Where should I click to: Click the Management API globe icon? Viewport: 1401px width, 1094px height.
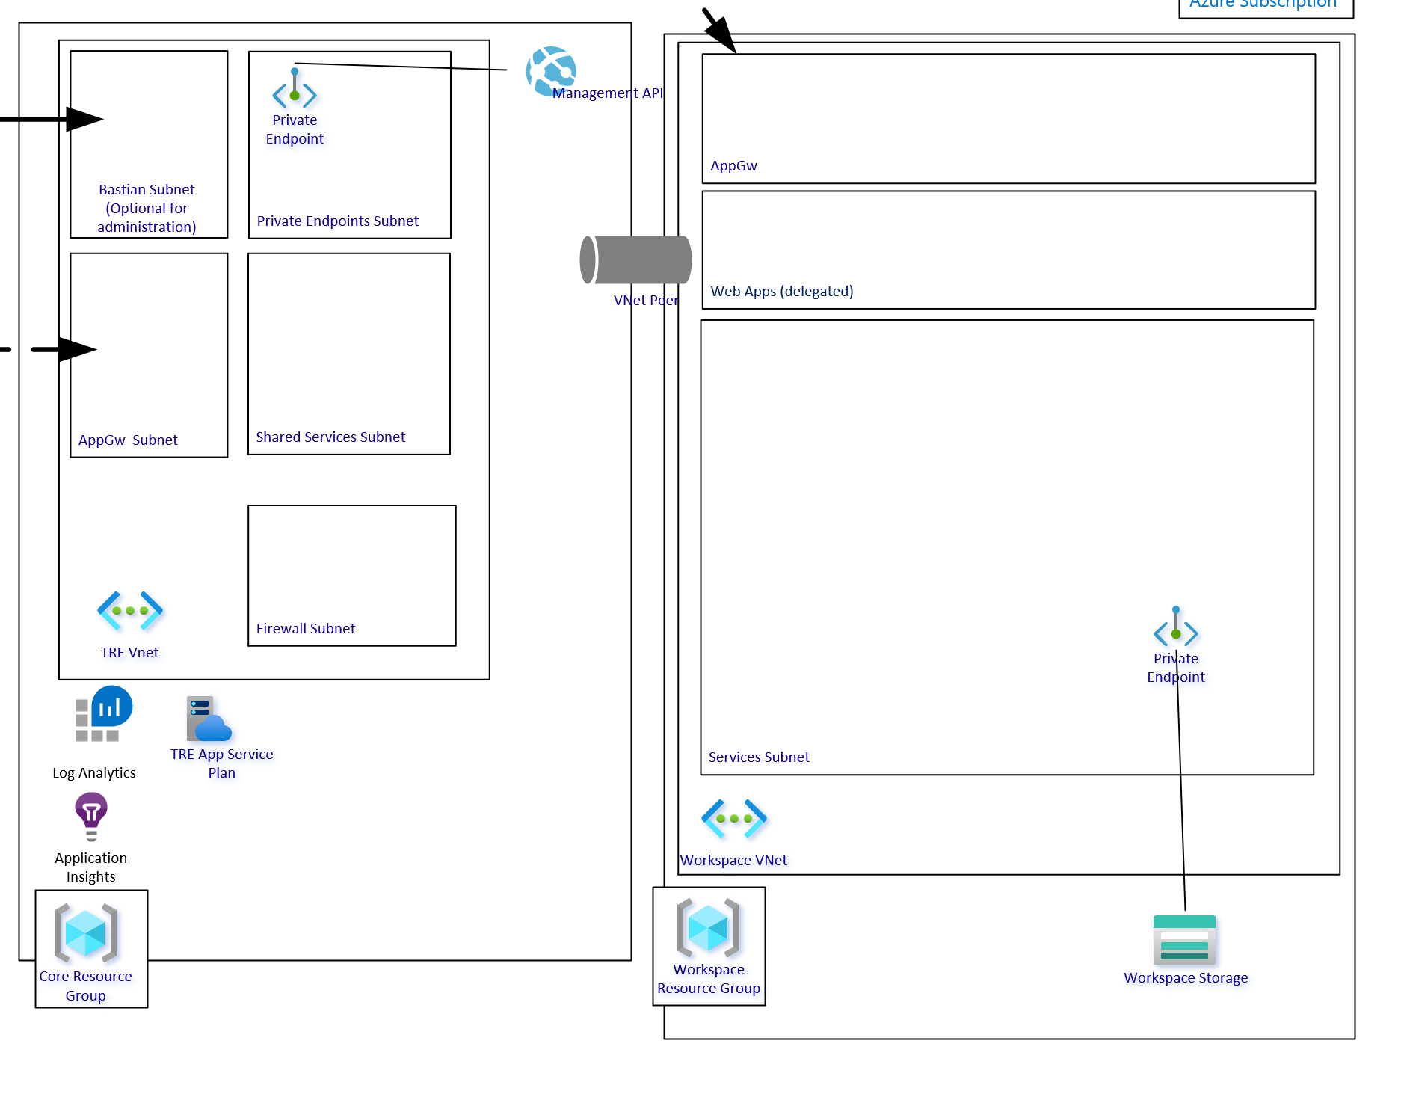551,72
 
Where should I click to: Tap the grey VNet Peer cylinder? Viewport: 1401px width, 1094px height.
636,259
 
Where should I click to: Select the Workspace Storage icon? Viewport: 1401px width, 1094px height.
1184,939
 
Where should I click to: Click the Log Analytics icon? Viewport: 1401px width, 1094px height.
103,713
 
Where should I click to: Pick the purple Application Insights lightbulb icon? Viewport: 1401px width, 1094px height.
91,816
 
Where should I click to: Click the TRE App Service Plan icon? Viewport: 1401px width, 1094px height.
209,719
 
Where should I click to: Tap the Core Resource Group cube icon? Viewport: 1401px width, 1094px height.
85,932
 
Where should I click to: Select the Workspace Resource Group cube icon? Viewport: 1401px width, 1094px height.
708,928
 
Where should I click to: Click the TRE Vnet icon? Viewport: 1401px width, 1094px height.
130,610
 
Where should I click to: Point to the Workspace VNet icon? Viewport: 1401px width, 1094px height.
733,818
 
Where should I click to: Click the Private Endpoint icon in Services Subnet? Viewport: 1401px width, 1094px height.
1176,627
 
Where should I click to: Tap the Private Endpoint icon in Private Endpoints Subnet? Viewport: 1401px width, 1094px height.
295,88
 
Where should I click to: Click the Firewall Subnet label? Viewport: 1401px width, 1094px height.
305,628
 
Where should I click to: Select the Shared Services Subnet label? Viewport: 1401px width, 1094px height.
330,437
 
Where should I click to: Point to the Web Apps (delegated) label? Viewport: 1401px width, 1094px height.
781,291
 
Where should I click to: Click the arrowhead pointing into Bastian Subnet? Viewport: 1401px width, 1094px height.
84,119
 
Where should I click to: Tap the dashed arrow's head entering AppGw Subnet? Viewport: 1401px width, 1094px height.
77,349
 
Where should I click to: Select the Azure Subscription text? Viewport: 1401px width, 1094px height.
1263,4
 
